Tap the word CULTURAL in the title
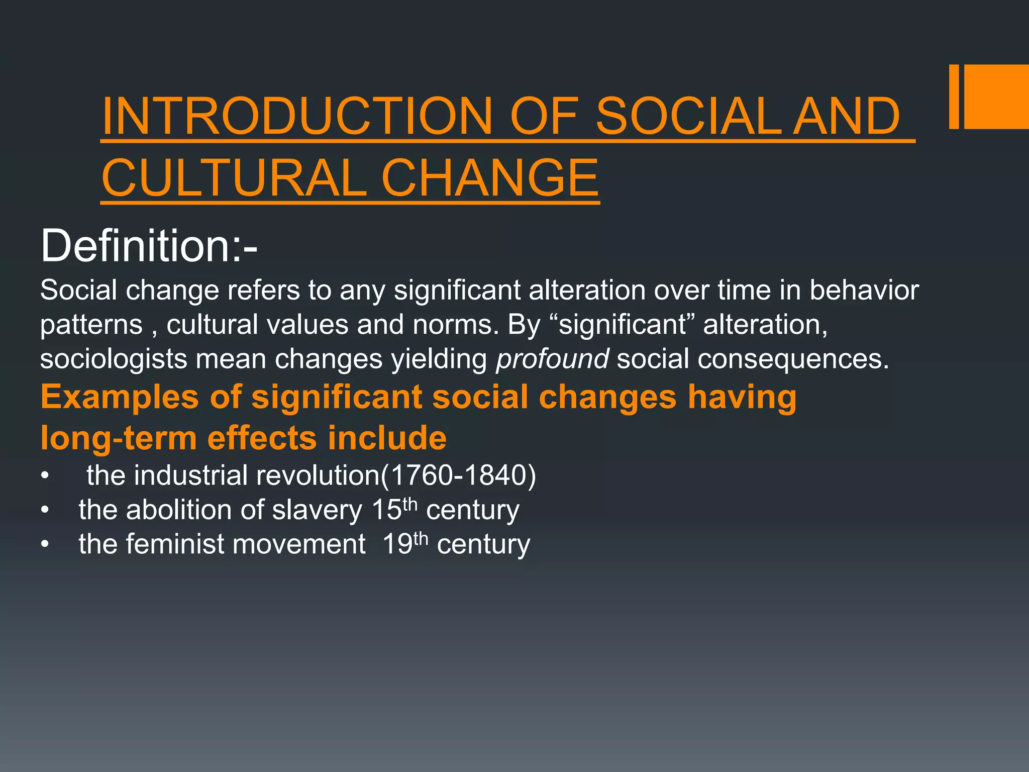click(234, 178)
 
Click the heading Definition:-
click(149, 246)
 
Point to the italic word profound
click(552, 359)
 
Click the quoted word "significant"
click(623, 324)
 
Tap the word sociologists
click(114, 359)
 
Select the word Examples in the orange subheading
click(120, 397)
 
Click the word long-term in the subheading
click(119, 437)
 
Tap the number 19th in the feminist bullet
click(405, 543)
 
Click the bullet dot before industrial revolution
click(45, 475)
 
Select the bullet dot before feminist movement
click(45, 544)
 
